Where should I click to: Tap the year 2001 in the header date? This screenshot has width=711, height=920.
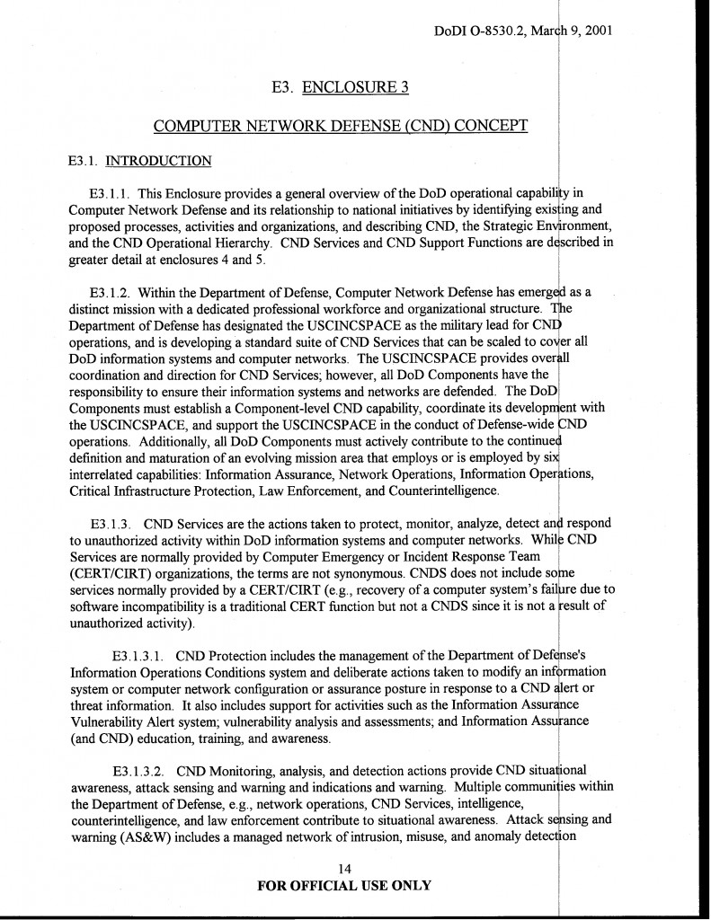click(x=595, y=31)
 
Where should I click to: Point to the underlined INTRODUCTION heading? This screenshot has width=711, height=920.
click(x=158, y=162)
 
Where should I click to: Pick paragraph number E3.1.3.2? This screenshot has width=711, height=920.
click(x=140, y=771)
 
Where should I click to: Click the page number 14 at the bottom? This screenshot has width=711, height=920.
click(x=344, y=868)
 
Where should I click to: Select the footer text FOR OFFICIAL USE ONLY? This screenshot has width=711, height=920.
click(x=344, y=885)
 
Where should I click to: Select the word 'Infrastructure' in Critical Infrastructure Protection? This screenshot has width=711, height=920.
click(x=158, y=491)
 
